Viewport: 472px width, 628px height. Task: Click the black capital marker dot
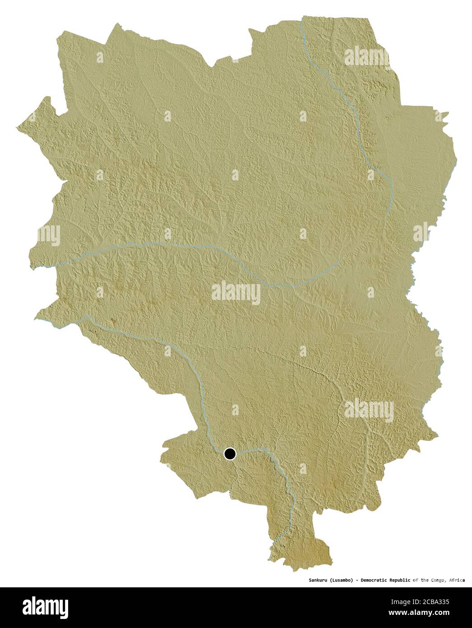click(x=230, y=454)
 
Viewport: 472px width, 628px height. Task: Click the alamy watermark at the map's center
click(x=236, y=293)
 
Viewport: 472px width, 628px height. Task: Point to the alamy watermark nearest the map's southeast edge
click(x=369, y=410)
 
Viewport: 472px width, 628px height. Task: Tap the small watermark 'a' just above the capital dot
click(x=235, y=410)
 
